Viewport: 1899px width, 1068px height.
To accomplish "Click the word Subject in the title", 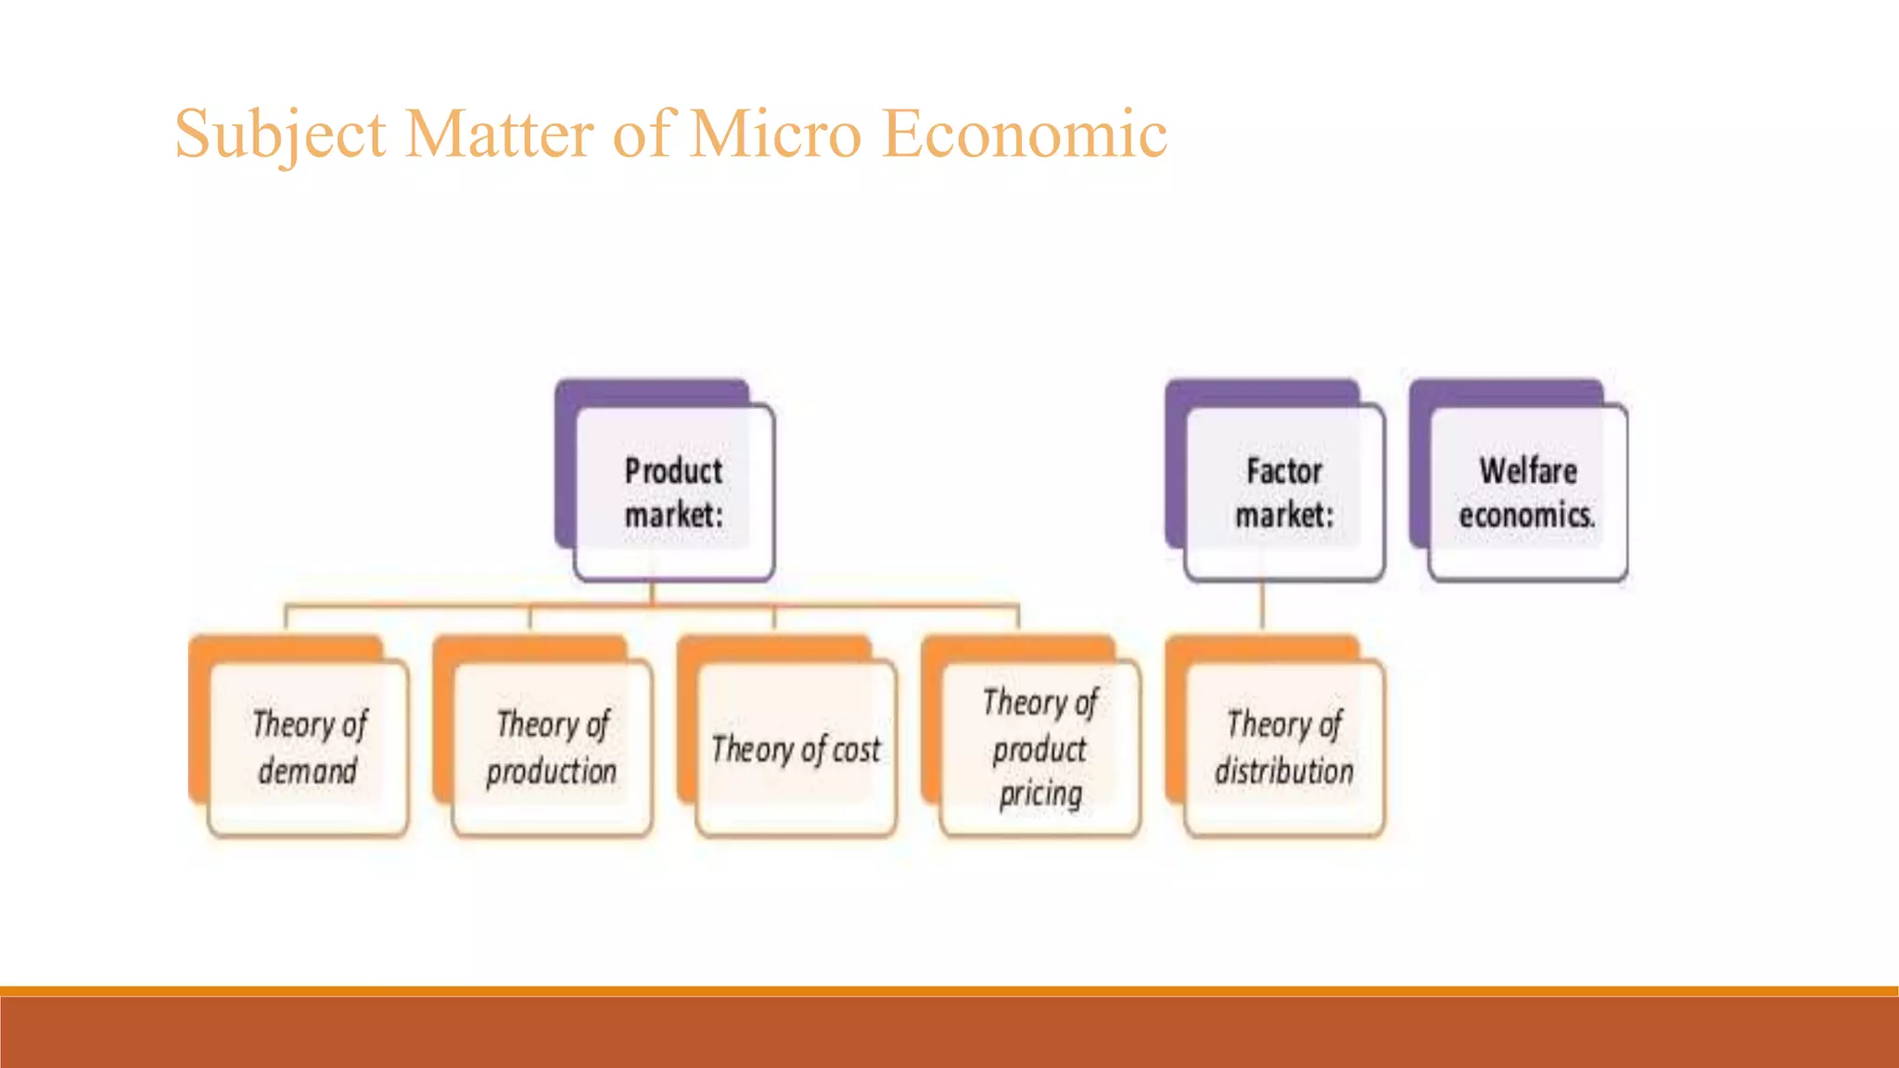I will [x=279, y=134].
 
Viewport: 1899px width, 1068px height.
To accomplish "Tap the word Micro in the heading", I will [x=776, y=134].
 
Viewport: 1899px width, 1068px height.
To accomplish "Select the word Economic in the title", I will [x=1024, y=134].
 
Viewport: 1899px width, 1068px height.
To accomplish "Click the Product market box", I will [x=674, y=492].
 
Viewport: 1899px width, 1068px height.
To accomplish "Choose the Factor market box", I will [x=1284, y=492].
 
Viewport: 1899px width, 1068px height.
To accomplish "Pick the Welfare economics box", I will [x=1528, y=492].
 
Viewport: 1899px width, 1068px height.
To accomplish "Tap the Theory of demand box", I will [x=309, y=747].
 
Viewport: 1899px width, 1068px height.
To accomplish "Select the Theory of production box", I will [x=553, y=747].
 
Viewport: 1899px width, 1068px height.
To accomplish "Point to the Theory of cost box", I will [x=797, y=747].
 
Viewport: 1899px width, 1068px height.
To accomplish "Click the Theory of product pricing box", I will [x=1040, y=747].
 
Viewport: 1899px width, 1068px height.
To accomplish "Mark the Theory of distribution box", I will [x=1284, y=747].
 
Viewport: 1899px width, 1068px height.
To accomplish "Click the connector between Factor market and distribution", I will [x=1262, y=608].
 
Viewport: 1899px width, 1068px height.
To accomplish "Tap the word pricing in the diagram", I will [x=1040, y=795].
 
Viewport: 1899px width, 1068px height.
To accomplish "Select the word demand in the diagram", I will [x=308, y=771].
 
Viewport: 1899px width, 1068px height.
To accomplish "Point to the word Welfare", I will [x=1528, y=471].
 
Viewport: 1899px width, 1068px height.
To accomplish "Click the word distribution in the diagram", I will [x=1284, y=771].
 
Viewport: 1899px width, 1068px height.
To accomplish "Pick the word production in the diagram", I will [x=552, y=771].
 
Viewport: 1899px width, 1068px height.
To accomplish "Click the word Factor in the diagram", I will [x=1284, y=471].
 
